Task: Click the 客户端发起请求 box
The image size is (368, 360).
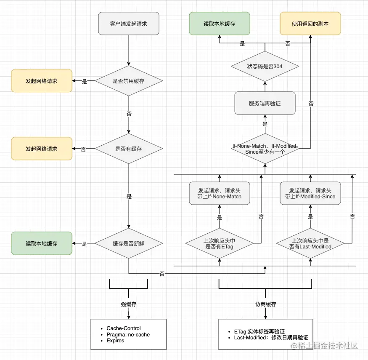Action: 129,24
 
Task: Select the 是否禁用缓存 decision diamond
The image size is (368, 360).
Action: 129,81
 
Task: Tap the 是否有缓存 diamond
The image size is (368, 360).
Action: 129,149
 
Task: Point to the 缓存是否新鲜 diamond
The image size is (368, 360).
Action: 129,243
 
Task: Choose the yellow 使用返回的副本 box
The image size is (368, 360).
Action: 310,24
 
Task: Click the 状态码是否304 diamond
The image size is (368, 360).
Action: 265,67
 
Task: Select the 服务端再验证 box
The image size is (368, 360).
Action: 265,103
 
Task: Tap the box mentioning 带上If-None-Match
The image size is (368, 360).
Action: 219,193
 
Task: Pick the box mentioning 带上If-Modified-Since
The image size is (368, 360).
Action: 310,193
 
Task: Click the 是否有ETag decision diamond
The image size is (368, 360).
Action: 219,243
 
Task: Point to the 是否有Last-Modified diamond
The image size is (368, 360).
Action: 310,243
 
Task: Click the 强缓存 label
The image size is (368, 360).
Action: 129,304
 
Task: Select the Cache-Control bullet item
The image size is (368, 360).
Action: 124,328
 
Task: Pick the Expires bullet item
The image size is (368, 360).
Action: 115,341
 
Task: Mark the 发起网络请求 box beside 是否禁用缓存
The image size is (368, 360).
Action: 41,81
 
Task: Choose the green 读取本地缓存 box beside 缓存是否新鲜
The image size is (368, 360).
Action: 41,243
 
